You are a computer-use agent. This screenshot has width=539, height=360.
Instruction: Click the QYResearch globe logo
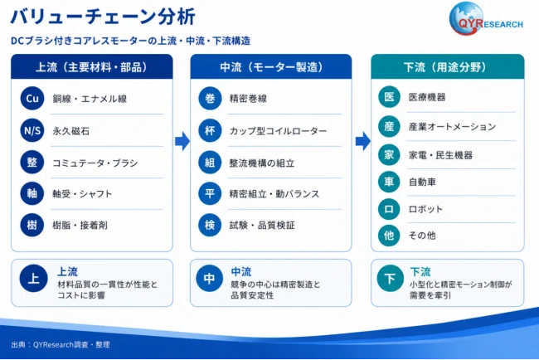click(486, 19)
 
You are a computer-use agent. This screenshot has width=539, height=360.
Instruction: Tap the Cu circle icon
click(32, 99)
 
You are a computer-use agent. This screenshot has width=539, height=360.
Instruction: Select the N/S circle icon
click(32, 130)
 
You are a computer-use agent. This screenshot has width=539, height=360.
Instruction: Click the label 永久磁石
click(70, 131)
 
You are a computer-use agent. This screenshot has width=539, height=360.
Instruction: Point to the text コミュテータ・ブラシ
click(95, 163)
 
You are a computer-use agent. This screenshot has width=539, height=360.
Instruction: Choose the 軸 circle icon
click(32, 193)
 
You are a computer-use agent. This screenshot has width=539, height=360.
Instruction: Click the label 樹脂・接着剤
click(80, 226)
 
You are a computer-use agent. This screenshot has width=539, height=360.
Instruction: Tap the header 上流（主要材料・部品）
click(92, 67)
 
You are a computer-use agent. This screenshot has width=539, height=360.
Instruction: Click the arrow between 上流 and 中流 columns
click(182, 141)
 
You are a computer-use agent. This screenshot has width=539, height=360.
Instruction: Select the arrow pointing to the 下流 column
click(362, 141)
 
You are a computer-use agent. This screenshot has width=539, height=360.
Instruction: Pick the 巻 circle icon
click(210, 99)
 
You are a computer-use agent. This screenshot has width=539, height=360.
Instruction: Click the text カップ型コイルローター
click(278, 131)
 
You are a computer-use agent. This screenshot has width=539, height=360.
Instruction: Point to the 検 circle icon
click(210, 226)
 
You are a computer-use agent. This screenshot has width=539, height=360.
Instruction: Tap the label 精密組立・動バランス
click(274, 194)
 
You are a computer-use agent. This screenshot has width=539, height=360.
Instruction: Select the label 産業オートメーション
click(453, 127)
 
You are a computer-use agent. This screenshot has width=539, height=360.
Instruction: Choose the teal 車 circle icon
click(389, 182)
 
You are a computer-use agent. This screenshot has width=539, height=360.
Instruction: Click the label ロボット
click(425, 209)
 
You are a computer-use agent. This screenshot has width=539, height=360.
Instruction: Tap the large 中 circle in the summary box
click(209, 278)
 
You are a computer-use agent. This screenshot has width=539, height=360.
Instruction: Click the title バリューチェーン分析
click(103, 16)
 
